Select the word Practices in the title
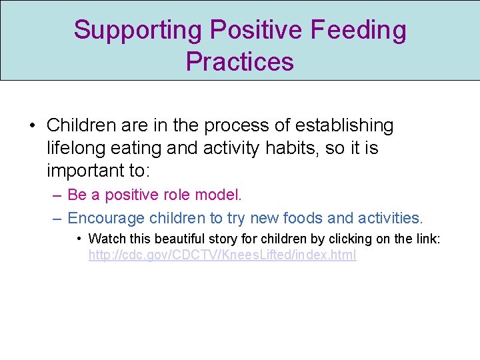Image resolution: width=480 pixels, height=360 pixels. coord(239,61)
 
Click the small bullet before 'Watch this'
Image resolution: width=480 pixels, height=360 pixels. coord(79,239)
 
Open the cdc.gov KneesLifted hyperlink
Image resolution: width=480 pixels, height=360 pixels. coord(222,255)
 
